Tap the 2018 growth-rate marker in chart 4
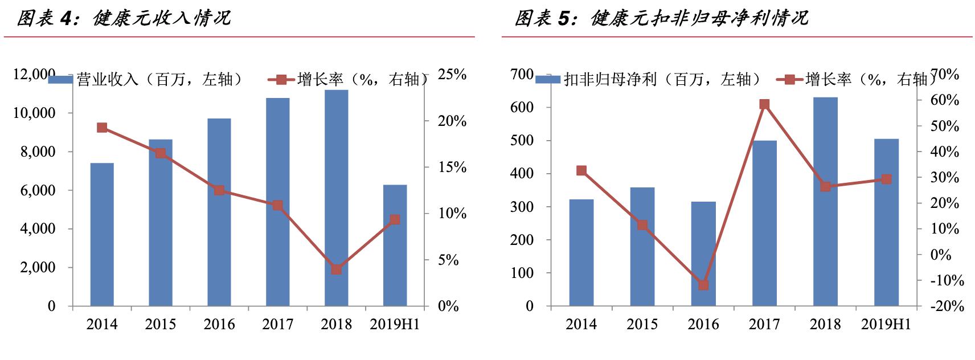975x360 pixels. pyautogui.click(x=336, y=269)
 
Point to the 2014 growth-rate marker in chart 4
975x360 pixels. pyautogui.click(x=102, y=128)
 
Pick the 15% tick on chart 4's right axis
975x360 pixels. pyautogui.click(x=452, y=167)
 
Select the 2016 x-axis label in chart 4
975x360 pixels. pyautogui.click(x=219, y=324)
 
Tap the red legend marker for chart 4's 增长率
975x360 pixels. pyautogui.click(x=281, y=80)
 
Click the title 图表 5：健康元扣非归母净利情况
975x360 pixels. pyautogui.click(x=661, y=18)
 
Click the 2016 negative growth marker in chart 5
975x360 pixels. pyautogui.click(x=703, y=285)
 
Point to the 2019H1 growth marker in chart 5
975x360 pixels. pyautogui.click(x=886, y=179)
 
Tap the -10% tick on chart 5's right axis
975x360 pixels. pyautogui.click(x=947, y=280)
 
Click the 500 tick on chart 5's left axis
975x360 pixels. pyautogui.click(x=522, y=141)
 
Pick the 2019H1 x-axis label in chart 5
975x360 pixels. pyautogui.click(x=886, y=324)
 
